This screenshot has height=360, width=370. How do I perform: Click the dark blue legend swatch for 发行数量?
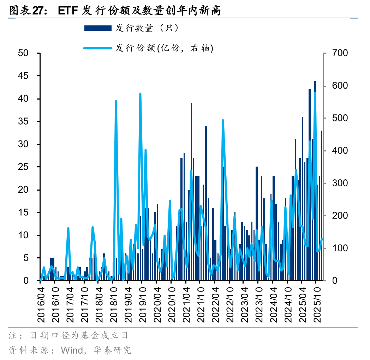[x=97, y=28]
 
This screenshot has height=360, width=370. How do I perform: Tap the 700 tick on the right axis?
[x=340, y=53]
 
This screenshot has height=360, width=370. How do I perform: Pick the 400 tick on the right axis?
[x=340, y=151]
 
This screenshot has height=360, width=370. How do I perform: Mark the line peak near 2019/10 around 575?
[x=140, y=94]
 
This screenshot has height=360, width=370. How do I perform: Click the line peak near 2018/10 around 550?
[x=116, y=101]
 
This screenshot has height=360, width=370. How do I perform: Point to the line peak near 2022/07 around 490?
[x=223, y=120]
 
